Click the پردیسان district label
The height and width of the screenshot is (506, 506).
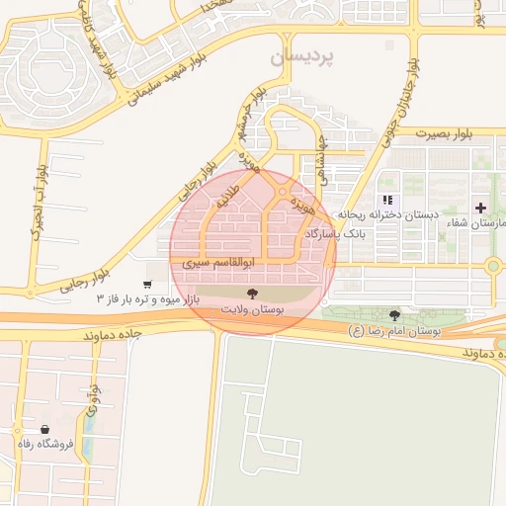pyautogui.click(x=307, y=58)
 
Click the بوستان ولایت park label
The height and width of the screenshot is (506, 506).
pyautogui.click(x=252, y=310)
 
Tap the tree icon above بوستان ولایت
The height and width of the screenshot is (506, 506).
pyautogui.click(x=252, y=294)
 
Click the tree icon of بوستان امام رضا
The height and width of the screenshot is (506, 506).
pyautogui.click(x=395, y=315)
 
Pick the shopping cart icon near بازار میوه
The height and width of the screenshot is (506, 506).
pyautogui.click(x=147, y=285)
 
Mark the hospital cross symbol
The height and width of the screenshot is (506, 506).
pyautogui.click(x=480, y=208)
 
